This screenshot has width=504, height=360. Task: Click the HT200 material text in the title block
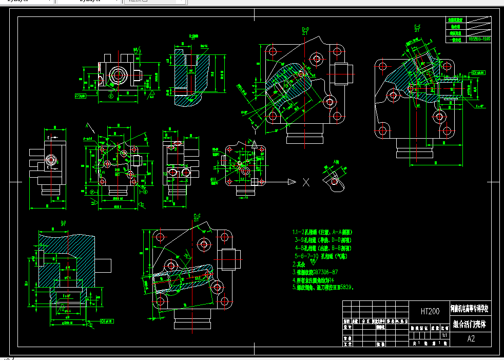(x=430, y=311)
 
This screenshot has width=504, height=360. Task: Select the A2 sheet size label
(x=471, y=339)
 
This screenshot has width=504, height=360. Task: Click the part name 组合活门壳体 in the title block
(x=470, y=325)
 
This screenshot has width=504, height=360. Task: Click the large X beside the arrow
(x=306, y=182)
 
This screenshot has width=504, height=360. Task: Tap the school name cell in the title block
(x=470, y=309)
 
